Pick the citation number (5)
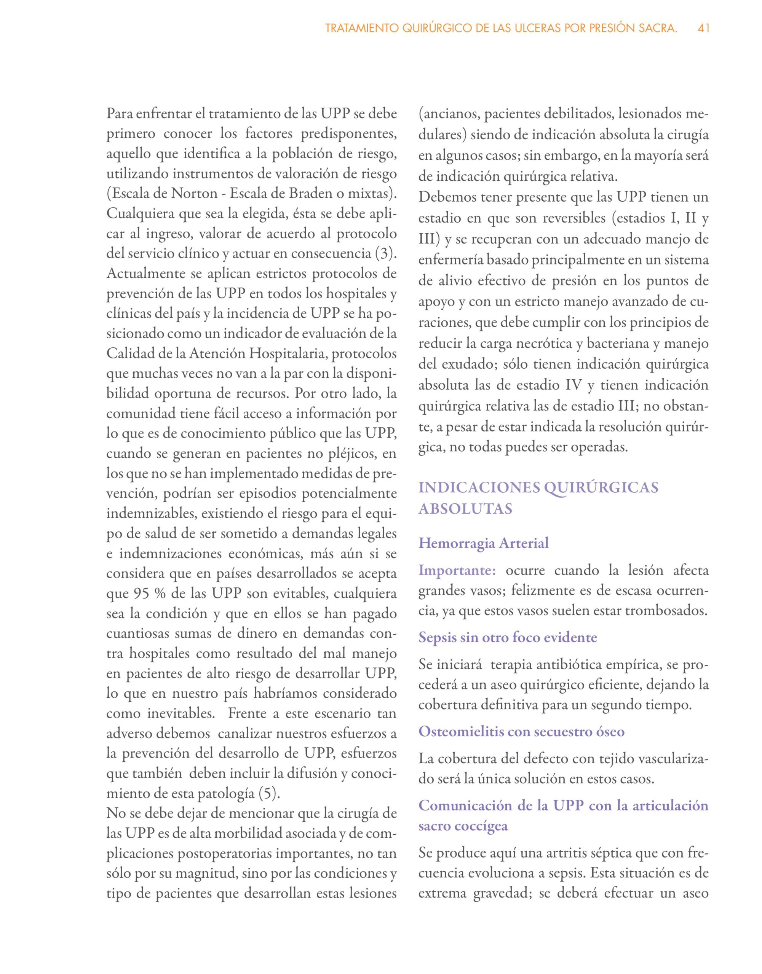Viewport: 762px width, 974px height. tap(270, 793)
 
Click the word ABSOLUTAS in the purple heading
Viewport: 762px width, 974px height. tap(465, 509)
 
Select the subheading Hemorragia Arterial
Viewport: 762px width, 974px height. tap(484, 543)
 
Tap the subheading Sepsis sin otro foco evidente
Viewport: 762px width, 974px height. tap(508, 637)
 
